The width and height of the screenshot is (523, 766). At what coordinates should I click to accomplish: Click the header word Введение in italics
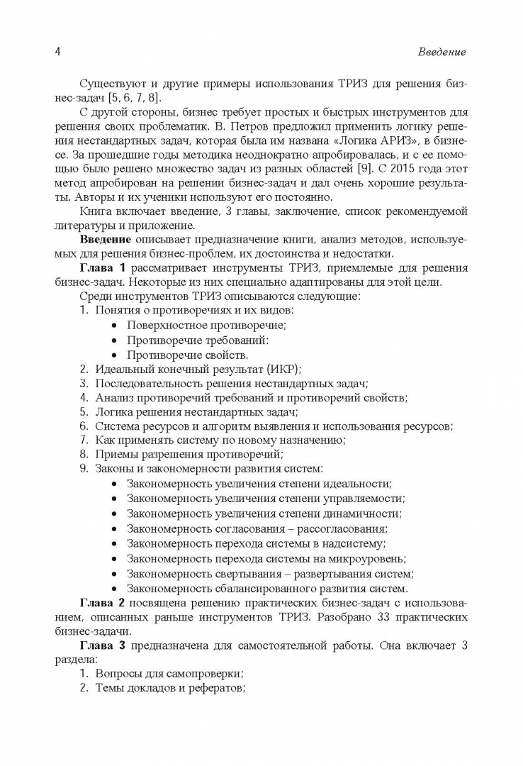[x=442, y=52]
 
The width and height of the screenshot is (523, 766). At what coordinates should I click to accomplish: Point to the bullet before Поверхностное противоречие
[x=115, y=326]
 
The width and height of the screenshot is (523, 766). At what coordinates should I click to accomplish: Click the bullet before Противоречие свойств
[x=115, y=355]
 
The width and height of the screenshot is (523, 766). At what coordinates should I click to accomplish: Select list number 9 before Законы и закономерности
[x=83, y=468]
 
